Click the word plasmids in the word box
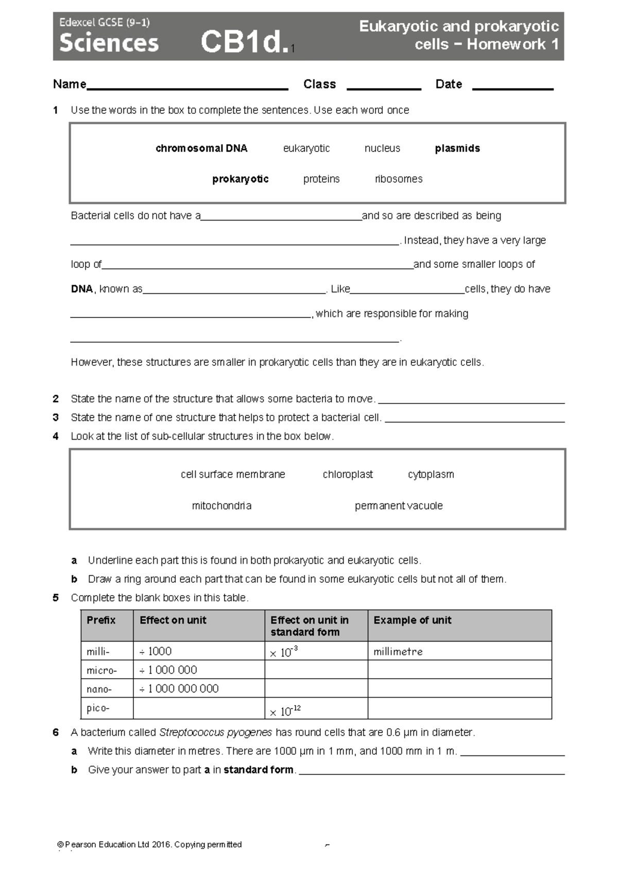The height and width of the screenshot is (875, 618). pos(457,148)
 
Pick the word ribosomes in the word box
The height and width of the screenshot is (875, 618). pos(399,179)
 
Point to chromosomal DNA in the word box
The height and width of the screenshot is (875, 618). pos(201,148)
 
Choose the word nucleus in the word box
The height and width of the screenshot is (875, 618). pos(382,148)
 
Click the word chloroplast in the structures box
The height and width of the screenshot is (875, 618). pos(348,474)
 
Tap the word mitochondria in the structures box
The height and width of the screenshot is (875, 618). pos(221,506)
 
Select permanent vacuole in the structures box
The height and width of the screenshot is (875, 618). pos(399,506)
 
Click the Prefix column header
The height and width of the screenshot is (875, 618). pos(101,620)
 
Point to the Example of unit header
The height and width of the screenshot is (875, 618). pos(413,620)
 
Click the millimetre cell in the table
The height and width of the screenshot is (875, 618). pos(398,651)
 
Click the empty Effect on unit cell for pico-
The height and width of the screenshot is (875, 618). pos(199,709)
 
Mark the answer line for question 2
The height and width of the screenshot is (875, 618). pos(471,401)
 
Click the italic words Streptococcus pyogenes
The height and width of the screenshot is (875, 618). pos(215,732)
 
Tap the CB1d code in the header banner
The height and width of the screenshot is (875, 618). pos(244,42)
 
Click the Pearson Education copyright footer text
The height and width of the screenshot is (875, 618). pos(150,845)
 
